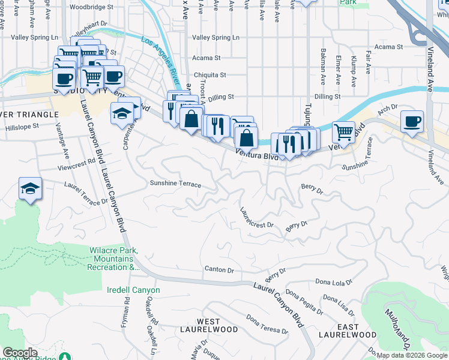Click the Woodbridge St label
point(91,7)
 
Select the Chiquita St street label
point(209,75)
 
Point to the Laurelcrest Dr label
point(256,218)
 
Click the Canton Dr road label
point(219,269)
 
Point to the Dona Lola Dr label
point(333,282)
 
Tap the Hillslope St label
point(22,127)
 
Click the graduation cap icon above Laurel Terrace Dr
point(29,188)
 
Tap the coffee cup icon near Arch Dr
point(412,122)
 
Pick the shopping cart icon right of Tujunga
point(343,131)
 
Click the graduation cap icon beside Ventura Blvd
point(122,112)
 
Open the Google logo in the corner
point(20,353)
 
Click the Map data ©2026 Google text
point(412,355)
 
